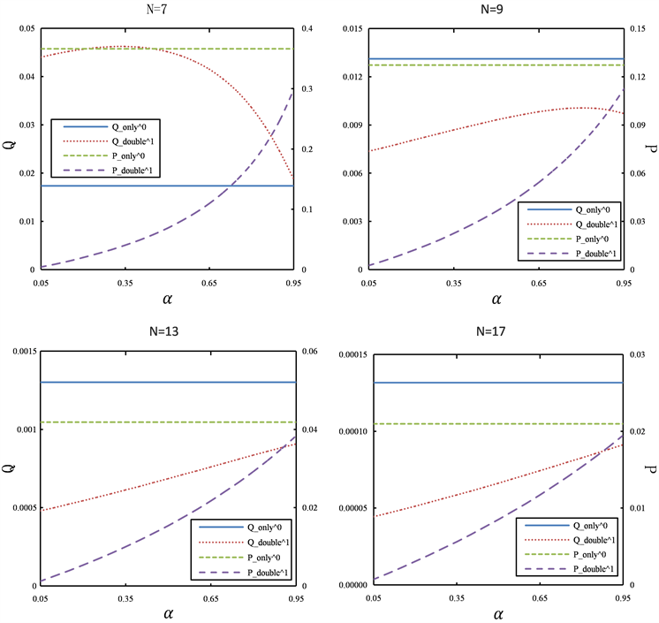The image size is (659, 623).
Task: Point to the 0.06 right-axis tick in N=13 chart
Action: coord(310,352)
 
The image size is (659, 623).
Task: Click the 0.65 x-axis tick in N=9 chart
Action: coord(540,284)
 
